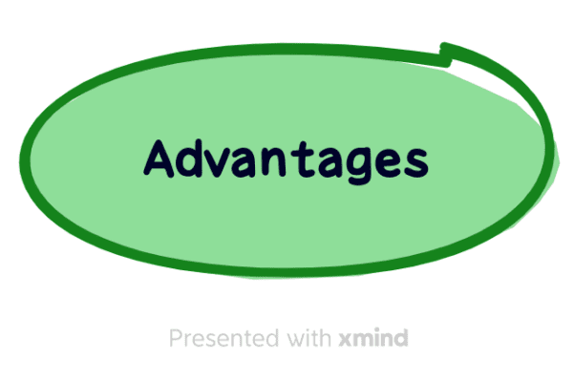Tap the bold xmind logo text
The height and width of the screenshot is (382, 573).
click(x=373, y=338)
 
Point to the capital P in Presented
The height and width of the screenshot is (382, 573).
click(x=176, y=338)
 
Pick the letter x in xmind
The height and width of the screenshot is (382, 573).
click(x=344, y=340)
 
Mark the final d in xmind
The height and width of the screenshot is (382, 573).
click(x=401, y=338)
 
